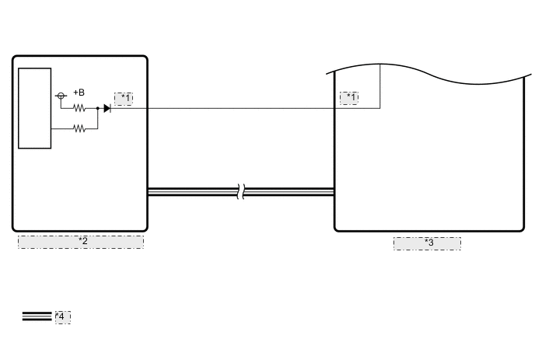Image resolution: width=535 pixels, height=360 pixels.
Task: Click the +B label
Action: point(79,93)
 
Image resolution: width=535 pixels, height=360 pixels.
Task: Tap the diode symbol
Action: point(107,108)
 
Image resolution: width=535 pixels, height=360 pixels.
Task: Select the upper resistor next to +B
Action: point(79,108)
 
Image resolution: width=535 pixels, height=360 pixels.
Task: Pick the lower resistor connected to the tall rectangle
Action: point(79,128)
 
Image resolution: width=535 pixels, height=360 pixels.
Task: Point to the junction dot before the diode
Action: point(98,108)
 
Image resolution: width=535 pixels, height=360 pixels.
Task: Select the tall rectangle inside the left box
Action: point(34,107)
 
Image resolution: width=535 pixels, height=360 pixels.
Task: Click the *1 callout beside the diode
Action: point(124,98)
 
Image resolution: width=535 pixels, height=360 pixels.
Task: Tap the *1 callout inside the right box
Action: point(349,98)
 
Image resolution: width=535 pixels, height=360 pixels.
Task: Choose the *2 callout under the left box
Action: point(81,242)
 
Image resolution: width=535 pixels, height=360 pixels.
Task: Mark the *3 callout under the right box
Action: point(427,243)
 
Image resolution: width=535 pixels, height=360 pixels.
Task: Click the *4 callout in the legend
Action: point(62,316)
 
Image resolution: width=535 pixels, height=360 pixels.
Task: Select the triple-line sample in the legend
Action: point(37,316)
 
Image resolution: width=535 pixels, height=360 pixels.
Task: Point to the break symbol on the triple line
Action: point(242,191)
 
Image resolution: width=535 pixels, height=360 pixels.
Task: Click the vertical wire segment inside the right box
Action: point(380,86)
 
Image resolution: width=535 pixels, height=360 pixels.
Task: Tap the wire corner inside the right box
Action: point(380,108)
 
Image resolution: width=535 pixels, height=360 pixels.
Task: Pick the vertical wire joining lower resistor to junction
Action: point(98,118)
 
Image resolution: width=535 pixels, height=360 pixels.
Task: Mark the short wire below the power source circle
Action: point(61,103)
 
